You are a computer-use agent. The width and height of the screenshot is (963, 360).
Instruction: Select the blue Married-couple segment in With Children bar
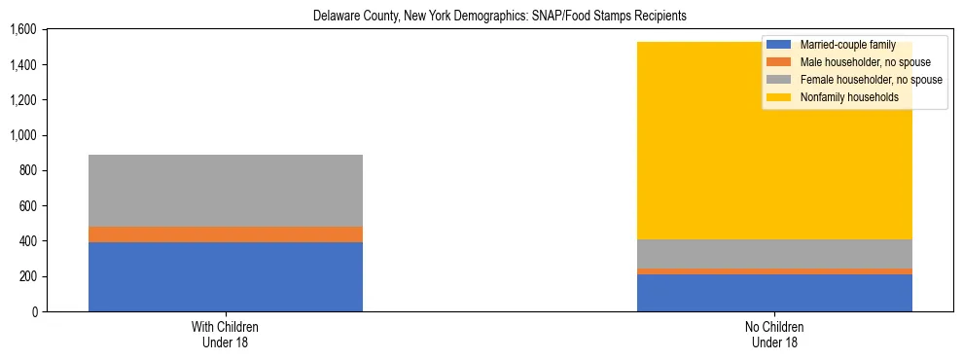click(225, 276)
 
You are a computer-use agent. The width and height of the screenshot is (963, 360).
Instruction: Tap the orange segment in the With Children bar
click(225, 234)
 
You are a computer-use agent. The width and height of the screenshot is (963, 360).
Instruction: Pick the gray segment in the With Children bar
click(225, 191)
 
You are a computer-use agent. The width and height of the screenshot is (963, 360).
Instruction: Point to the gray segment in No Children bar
click(774, 254)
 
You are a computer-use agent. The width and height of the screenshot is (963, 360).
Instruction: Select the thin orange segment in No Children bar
click(774, 271)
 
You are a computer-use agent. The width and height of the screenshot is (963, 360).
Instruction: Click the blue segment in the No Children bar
click(774, 293)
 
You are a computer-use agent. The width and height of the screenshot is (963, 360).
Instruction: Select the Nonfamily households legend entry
click(849, 97)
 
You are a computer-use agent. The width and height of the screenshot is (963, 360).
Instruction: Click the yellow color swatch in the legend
click(779, 97)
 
